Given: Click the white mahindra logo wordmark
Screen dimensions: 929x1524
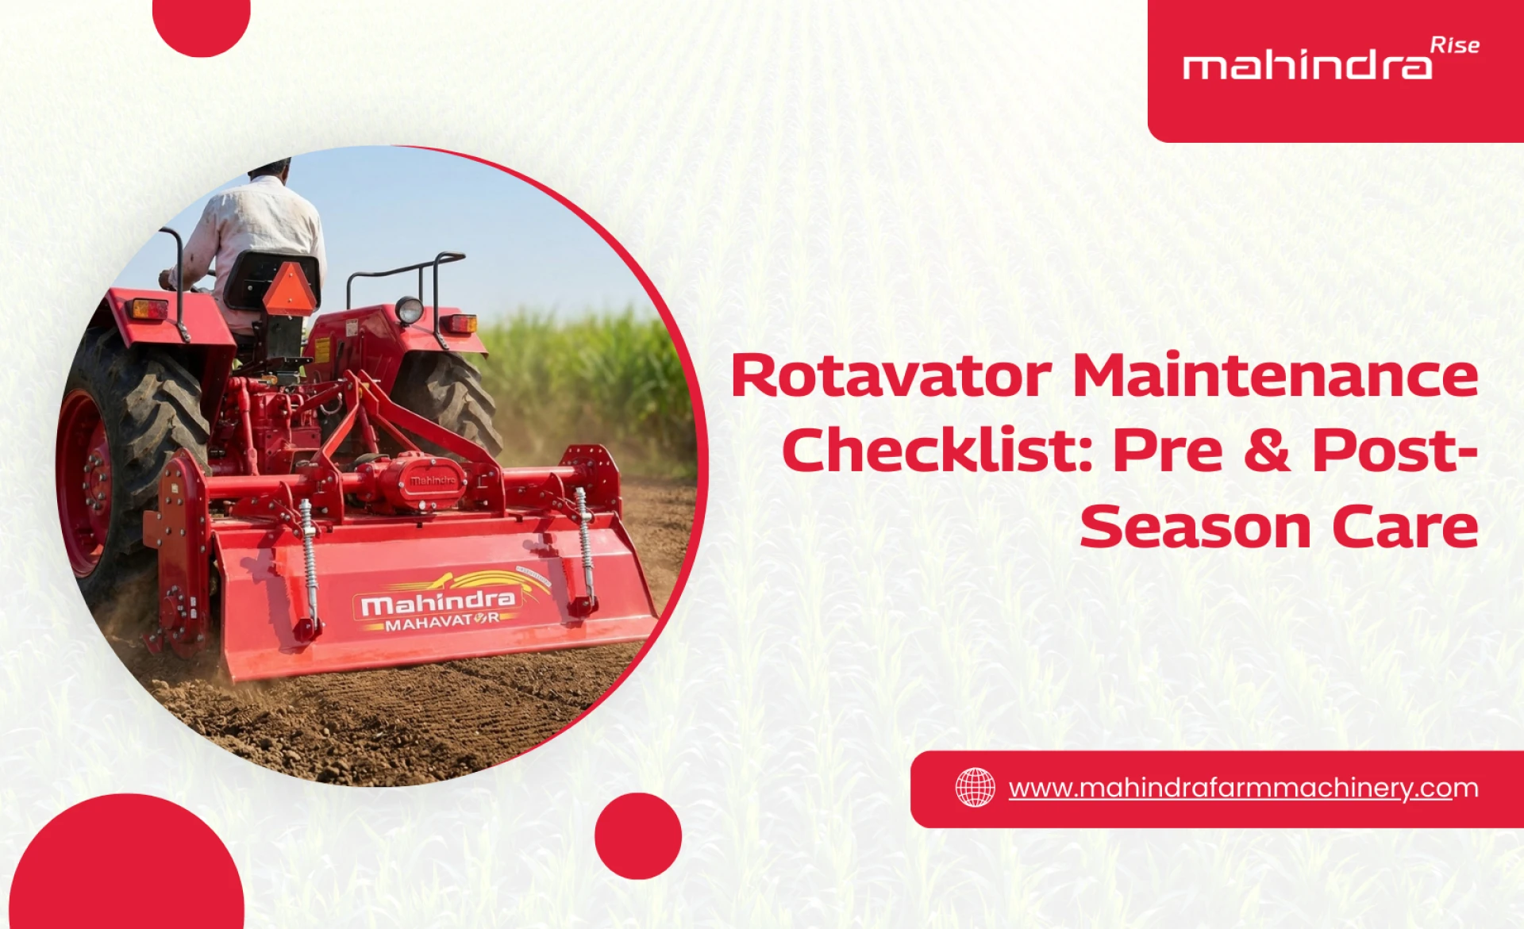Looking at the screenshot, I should click(1307, 65).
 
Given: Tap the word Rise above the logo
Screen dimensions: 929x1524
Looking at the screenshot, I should click(1454, 45).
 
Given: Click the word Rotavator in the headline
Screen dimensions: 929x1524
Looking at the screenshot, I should click(891, 375).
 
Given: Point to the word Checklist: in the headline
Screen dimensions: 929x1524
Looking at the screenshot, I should click(937, 450).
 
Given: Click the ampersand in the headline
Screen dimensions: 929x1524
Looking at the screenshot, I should click(1267, 450).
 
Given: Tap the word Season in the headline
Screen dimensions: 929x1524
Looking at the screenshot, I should click(1195, 527).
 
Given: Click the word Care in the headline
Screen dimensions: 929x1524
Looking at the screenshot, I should click(1404, 527).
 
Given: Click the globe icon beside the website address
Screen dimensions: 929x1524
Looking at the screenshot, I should click(975, 788).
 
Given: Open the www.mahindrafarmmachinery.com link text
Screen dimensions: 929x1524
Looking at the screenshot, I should click(1242, 788).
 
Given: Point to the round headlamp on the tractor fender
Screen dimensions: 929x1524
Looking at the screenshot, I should click(409, 309).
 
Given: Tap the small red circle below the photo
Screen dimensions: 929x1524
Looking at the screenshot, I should click(637, 835).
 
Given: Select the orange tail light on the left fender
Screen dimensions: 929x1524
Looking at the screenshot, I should click(149, 309).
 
